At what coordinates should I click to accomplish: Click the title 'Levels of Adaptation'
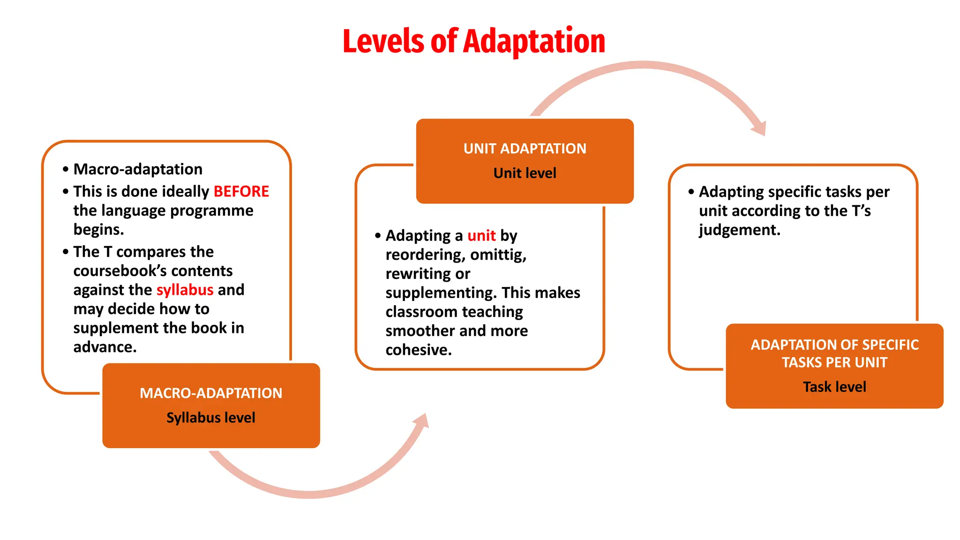click(x=473, y=41)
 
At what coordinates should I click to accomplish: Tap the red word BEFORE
click(x=241, y=191)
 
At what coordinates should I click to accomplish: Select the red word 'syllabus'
click(x=185, y=290)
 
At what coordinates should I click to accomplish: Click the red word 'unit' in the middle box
click(x=481, y=235)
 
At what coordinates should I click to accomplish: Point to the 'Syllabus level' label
click(x=211, y=418)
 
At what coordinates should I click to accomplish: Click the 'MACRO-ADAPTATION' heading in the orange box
click(x=211, y=393)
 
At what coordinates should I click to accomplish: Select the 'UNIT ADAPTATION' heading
click(x=525, y=149)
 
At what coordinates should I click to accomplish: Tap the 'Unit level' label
click(x=525, y=173)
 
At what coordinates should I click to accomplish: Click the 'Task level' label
click(x=834, y=387)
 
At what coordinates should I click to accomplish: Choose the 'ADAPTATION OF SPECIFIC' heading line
click(x=834, y=345)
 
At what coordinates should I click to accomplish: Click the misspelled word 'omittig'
click(x=498, y=255)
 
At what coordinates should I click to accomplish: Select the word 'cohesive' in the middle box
click(x=417, y=350)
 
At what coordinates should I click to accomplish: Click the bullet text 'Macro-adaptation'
click(x=138, y=169)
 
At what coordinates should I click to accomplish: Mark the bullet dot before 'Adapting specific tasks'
click(x=691, y=192)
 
